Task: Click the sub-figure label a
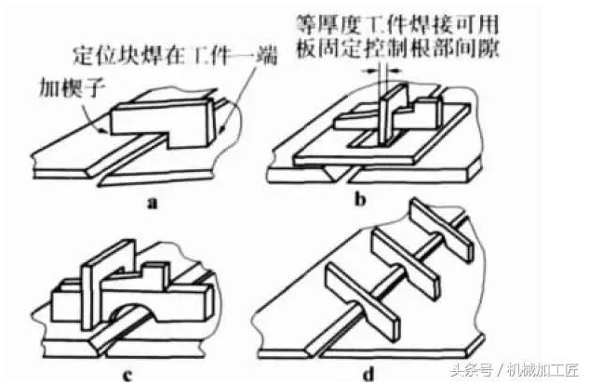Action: click(x=153, y=203)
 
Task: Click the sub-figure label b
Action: click(x=360, y=199)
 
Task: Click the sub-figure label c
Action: click(x=127, y=375)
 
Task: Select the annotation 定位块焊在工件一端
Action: click(x=175, y=57)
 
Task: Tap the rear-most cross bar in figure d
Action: click(x=441, y=230)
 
